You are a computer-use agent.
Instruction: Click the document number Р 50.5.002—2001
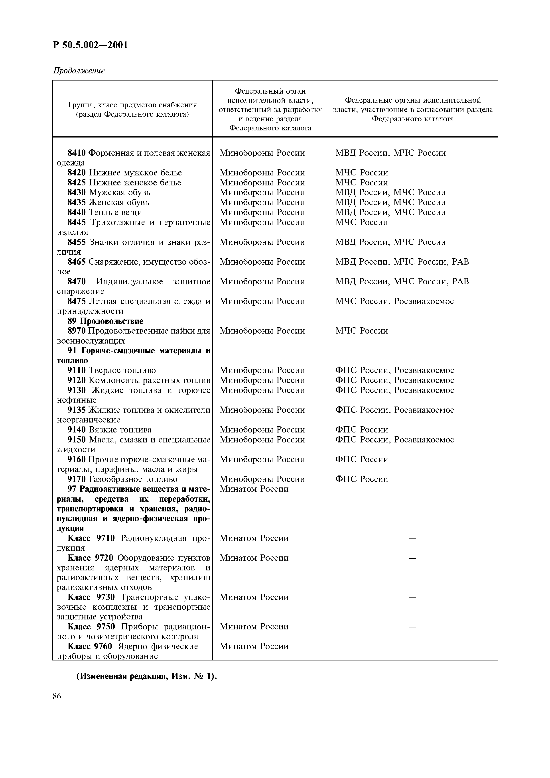coord(91,45)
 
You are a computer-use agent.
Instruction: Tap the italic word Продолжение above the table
coord(79,71)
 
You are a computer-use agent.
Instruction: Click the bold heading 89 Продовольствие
coord(105,321)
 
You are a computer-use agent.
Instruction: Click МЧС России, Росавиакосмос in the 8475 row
coord(394,301)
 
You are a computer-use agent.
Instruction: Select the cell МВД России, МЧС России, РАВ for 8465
coord(402,262)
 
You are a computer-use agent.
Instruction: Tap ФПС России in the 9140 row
coord(362,430)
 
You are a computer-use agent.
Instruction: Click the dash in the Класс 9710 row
coord(412,538)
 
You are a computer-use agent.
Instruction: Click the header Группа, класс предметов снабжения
coord(132,105)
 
